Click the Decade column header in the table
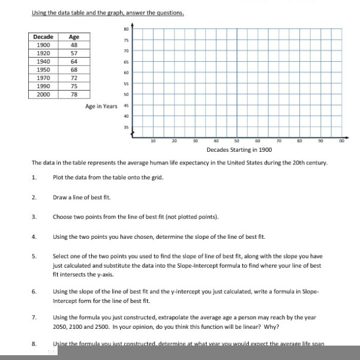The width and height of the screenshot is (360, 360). click(44, 37)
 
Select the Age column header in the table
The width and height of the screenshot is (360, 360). click(74, 37)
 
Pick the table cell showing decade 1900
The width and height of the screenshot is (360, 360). click(44, 44)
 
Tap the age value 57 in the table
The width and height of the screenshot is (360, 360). click(74, 53)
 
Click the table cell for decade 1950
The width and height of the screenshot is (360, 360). click(44, 70)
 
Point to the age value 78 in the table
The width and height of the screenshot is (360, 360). click(74, 95)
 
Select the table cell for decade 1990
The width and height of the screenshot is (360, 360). click(44, 86)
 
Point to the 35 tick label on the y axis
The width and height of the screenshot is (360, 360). click(127, 127)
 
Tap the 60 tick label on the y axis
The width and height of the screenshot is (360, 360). click(127, 71)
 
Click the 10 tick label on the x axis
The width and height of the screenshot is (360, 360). click(153, 141)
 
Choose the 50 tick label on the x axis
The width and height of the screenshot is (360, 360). click(236, 141)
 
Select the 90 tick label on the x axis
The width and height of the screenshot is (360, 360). click(320, 141)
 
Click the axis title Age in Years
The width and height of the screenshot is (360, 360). click(101, 106)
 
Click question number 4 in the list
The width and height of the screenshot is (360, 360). click(34, 237)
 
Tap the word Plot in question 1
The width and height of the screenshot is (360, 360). click(59, 177)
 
